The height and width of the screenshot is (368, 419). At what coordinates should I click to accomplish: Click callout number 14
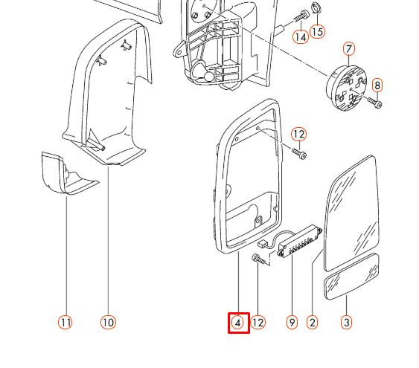point(301,37)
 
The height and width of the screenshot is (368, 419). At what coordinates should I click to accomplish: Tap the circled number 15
point(317,32)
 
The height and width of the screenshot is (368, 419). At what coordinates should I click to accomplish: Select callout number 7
point(349,49)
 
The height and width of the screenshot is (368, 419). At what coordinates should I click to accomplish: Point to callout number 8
point(377,85)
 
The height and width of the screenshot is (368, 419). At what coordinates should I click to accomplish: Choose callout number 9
point(292,323)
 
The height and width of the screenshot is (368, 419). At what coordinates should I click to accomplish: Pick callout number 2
point(313,323)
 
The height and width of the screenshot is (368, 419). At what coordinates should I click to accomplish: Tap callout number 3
point(346,323)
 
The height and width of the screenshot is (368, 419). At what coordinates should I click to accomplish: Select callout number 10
point(108,323)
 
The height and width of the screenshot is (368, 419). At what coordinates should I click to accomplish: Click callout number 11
point(65,323)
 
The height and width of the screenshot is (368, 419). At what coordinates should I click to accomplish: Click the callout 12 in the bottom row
point(258,323)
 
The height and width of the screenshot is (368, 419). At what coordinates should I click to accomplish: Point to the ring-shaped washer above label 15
point(316,8)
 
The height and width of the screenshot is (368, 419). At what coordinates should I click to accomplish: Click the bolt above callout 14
point(301,16)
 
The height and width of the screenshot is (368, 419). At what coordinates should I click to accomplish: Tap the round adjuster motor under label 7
point(346,88)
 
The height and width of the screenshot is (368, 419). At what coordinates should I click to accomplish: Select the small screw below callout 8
point(375,102)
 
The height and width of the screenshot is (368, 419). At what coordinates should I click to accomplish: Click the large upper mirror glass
point(351,213)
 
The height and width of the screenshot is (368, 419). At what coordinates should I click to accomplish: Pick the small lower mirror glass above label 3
point(351,277)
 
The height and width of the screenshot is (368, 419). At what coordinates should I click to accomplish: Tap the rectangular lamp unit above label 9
point(299,241)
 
